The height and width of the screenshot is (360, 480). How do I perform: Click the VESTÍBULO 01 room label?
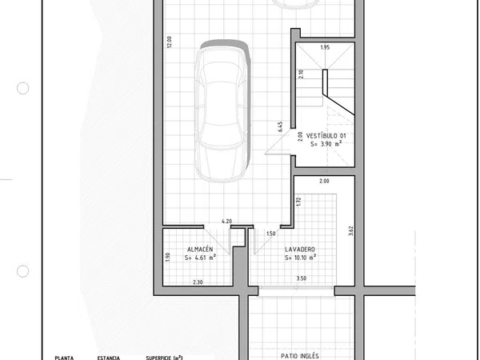326,136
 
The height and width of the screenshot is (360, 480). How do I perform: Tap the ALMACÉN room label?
200,250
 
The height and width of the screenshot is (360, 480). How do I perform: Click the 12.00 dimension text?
170,42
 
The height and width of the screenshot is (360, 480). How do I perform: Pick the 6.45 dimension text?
280,126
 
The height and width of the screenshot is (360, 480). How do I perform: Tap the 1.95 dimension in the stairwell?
325,47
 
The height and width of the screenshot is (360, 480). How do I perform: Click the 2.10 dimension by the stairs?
301,74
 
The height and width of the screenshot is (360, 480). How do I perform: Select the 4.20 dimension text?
226,221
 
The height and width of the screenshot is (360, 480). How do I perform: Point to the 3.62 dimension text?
351,230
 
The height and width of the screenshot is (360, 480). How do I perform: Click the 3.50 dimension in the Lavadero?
302,278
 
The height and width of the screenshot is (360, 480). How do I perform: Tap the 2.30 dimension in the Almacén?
198,282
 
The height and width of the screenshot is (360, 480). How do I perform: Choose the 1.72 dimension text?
298,202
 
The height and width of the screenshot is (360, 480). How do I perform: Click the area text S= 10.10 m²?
300,258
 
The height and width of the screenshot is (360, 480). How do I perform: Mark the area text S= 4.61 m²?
200,258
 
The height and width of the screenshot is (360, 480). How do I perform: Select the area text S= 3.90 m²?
326,143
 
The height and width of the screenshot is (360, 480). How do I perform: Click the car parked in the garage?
222,110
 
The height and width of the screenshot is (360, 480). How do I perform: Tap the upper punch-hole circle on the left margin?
22,88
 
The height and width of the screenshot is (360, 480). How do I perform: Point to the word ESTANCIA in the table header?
108,358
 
